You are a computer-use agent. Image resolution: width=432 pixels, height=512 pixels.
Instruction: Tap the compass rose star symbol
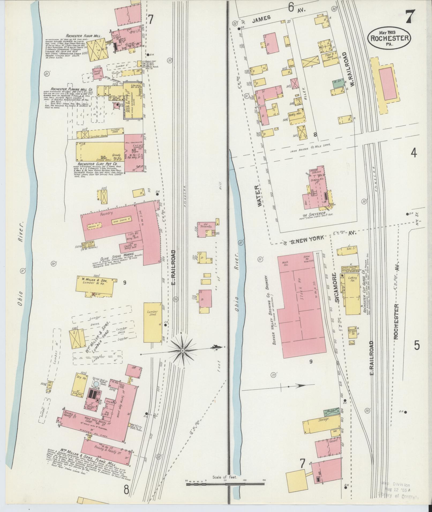(182, 351)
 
